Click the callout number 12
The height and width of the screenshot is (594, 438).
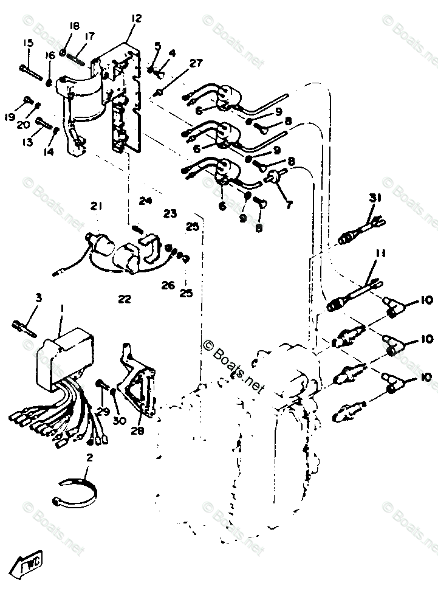(x=135, y=19)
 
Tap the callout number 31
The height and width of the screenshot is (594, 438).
(x=374, y=198)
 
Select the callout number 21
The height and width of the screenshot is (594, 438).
(x=95, y=207)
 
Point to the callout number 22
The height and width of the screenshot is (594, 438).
(x=124, y=299)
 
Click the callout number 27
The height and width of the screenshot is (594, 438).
(x=196, y=63)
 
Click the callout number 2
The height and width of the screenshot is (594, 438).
(x=89, y=458)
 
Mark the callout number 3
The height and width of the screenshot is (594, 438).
(x=38, y=298)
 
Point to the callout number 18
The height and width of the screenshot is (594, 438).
(x=75, y=26)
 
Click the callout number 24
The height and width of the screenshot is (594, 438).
(x=145, y=201)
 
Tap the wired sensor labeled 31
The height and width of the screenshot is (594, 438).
(x=359, y=228)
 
